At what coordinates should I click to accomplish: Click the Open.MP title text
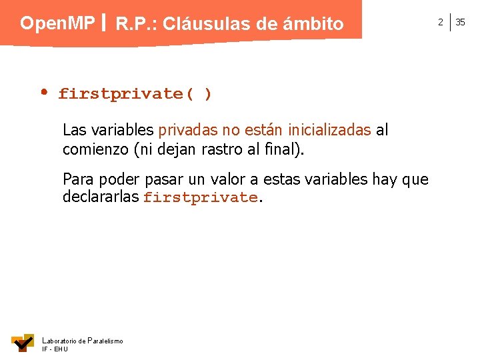point(57,23)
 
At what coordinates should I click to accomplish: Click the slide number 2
point(440,22)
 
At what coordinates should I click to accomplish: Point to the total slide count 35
point(460,22)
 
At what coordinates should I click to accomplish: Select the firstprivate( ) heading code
point(135,94)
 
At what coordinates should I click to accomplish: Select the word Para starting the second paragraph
point(77,179)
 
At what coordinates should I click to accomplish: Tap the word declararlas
point(101,197)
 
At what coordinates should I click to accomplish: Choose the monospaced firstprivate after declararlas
point(200,197)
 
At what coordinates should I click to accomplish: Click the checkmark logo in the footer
point(23,342)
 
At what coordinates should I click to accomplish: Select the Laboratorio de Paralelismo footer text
point(83,341)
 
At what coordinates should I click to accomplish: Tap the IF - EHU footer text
point(55,349)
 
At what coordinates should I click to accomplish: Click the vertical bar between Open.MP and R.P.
point(105,24)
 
